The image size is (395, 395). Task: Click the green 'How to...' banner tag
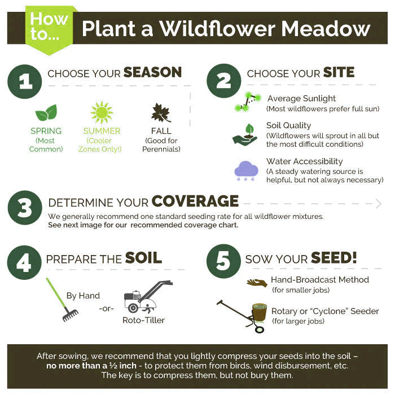(x=50, y=29)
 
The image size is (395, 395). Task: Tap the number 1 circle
(x=25, y=82)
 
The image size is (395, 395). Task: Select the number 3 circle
(x=25, y=208)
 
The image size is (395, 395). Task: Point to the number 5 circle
(x=223, y=261)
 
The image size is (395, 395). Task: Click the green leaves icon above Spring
(x=46, y=113)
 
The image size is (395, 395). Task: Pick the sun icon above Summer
(x=102, y=112)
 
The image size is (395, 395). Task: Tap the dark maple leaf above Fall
(x=161, y=113)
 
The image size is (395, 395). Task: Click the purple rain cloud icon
(x=246, y=170)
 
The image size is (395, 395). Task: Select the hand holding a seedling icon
(x=244, y=135)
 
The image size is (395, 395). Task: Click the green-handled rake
(x=62, y=300)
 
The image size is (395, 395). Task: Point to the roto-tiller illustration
(x=148, y=296)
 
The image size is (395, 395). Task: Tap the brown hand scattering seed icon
(x=257, y=283)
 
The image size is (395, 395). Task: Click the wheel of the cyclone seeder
(x=259, y=329)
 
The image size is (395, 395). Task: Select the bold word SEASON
(x=153, y=73)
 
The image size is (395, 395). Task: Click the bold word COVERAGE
(x=195, y=201)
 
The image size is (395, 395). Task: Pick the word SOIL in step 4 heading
(x=143, y=258)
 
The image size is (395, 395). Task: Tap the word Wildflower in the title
(x=217, y=29)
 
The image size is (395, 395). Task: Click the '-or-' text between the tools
(x=106, y=308)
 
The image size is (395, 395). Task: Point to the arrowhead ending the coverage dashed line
(x=379, y=204)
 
